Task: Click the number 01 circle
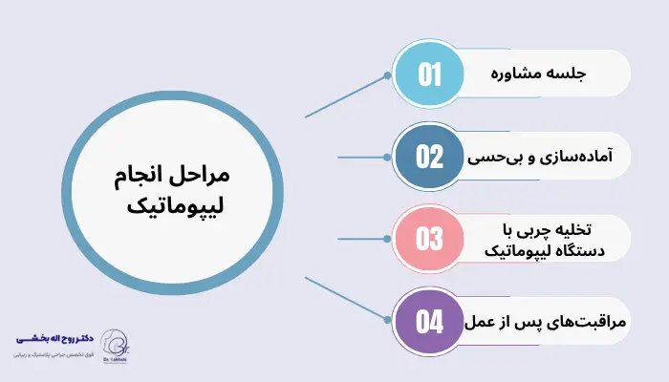(430, 75)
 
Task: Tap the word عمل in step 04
(481, 322)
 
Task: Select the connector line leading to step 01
(349, 95)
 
